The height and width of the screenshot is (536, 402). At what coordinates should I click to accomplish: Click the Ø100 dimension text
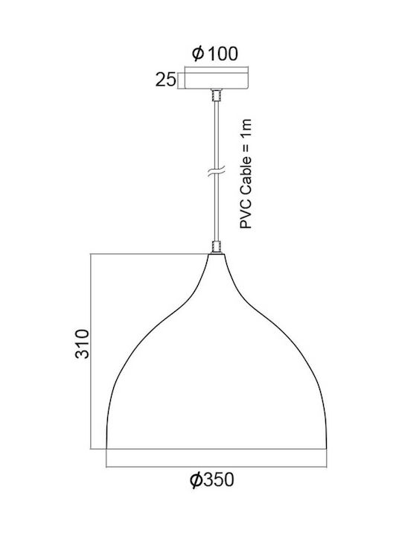point(214,54)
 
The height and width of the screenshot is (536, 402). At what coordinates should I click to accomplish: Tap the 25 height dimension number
point(166,80)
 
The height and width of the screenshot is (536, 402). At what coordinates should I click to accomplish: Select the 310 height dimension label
point(82,344)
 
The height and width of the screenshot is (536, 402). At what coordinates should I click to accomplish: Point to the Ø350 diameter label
point(212,479)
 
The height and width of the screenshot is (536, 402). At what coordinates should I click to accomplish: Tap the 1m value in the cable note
point(246,128)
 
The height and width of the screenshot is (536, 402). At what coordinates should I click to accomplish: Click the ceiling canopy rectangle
point(217,78)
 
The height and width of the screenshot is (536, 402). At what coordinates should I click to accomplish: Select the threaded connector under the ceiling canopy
point(217,95)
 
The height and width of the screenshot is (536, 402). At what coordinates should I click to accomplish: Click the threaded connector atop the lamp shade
point(217,247)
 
